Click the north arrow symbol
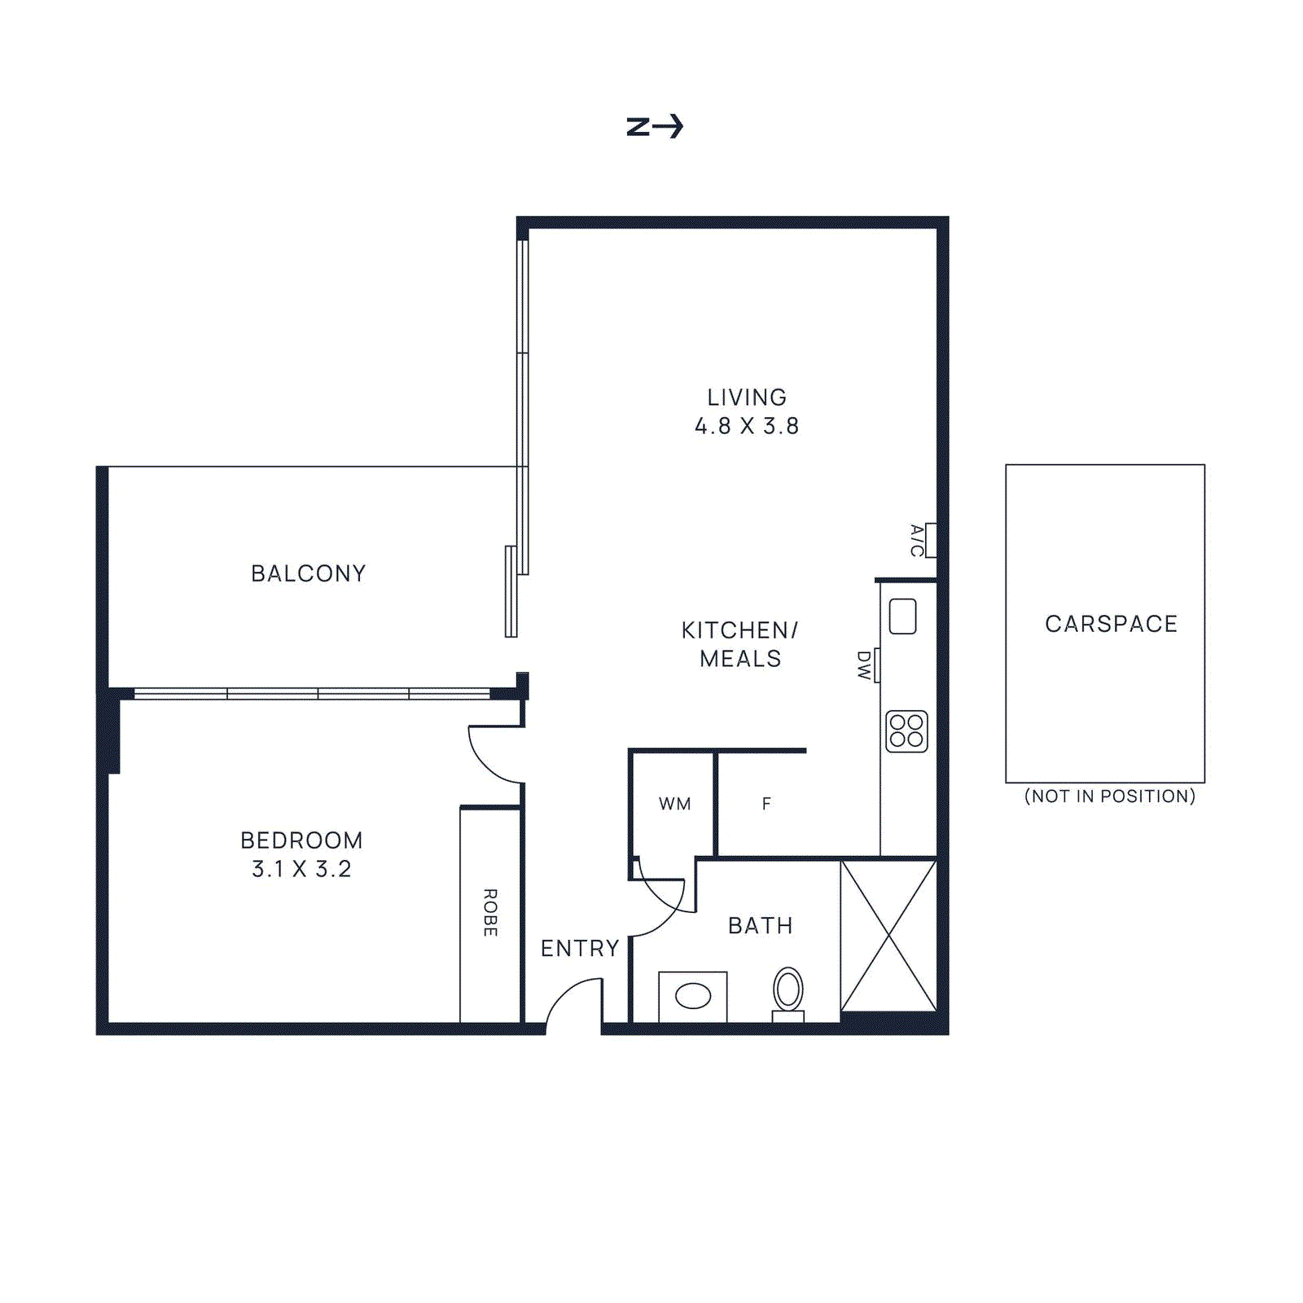click(x=655, y=126)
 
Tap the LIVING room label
click(x=747, y=397)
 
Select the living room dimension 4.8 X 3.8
click(x=747, y=426)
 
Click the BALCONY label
click(x=309, y=573)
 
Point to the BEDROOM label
click(x=301, y=840)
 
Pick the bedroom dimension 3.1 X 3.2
click(x=301, y=869)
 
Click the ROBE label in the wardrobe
click(x=490, y=912)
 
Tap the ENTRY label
click(x=580, y=948)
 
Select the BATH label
click(x=761, y=925)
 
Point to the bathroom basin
click(x=693, y=995)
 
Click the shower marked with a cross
click(x=888, y=936)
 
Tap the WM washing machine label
click(x=674, y=804)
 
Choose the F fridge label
click(x=766, y=804)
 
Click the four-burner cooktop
click(x=906, y=731)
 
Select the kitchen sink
click(x=902, y=616)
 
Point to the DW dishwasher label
click(x=863, y=665)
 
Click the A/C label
click(x=917, y=540)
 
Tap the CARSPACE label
click(x=1111, y=624)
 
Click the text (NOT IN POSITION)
click(x=1109, y=796)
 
